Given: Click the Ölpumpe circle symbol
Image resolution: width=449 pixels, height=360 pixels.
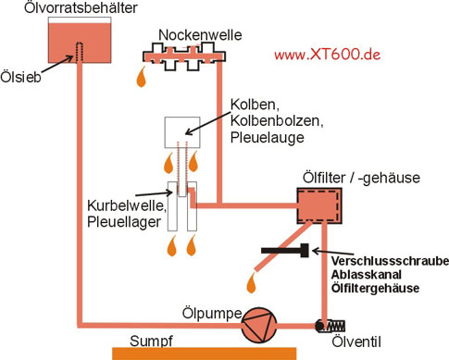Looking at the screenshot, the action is tap(259, 325).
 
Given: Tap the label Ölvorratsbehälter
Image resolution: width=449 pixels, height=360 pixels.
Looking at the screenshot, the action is tap(81, 7).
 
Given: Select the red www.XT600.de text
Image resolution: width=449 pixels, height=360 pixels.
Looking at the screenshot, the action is tap(327, 55).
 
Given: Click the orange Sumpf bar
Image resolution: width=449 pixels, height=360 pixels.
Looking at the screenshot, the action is tap(204, 354).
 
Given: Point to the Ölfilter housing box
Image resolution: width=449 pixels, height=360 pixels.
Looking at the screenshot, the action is tap(319, 205).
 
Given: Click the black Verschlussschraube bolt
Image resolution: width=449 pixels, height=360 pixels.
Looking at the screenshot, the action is tap(285, 250).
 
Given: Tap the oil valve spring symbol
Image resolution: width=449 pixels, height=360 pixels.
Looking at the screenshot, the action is tap(336, 326).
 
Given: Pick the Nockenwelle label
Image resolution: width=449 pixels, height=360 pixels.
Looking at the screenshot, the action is tap(200, 35).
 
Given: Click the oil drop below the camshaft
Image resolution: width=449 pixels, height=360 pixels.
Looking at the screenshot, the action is tap(142, 77).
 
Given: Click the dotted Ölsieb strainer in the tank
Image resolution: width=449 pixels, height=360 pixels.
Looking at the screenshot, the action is tap(80, 53).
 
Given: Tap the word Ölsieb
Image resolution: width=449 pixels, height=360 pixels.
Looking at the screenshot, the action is tap(20, 77).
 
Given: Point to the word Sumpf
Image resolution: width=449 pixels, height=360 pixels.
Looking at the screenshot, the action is tap(151, 341).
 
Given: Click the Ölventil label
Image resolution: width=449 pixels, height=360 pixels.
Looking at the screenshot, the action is tap(356, 341).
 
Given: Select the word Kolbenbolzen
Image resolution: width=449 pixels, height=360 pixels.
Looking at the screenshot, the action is tap(277, 121).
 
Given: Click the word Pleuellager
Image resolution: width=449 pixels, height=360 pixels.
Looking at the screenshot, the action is tap(124, 222).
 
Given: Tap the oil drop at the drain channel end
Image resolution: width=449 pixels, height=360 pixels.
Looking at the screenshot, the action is tap(252, 282).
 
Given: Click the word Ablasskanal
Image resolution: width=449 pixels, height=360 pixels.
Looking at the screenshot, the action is tap(367, 275).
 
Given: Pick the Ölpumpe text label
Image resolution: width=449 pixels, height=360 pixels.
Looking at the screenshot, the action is tap(212, 314).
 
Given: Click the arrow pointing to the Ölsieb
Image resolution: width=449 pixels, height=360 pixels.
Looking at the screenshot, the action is tap(56, 64).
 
